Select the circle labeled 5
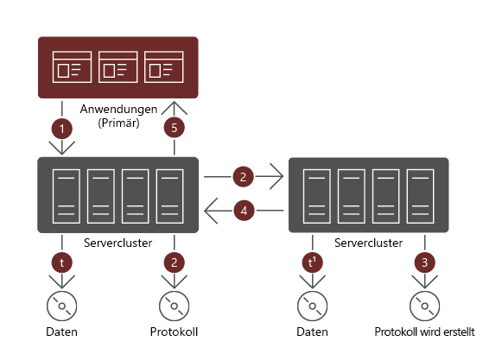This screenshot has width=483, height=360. click(174, 129)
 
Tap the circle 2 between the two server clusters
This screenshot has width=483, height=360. click(244, 177)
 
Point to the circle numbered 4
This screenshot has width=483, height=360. click(244, 210)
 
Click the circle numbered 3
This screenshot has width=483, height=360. click(423, 261)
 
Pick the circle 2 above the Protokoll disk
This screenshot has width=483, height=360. click(174, 261)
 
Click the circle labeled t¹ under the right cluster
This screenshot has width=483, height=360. click(312, 261)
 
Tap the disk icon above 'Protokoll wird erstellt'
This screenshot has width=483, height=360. click(423, 305)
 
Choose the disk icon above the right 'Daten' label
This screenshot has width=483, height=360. click(312, 305)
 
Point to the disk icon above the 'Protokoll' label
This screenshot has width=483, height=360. click(174, 305)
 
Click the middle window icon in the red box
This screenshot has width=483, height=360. click(118, 66)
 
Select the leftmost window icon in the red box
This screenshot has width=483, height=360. click(72, 66)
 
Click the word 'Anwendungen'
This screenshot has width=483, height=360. click(118, 110)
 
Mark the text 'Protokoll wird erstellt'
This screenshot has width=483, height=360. click(423, 332)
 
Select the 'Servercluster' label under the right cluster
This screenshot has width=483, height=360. click(368, 243)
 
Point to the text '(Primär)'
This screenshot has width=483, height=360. click(118, 123)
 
